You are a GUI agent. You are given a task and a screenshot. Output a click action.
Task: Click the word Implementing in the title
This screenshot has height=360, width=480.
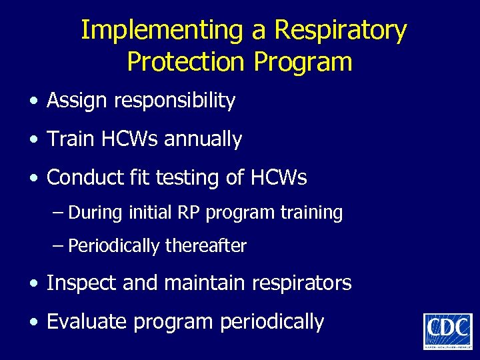click(x=163, y=31)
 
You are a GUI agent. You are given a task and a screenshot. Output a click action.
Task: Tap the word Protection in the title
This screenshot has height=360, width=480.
click(x=186, y=62)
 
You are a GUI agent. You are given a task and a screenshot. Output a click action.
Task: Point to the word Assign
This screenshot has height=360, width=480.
click(x=78, y=101)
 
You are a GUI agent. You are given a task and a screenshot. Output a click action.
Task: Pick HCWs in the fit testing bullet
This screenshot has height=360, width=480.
click(x=279, y=178)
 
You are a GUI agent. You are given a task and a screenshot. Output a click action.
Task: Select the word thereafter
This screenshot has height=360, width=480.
click(x=206, y=247)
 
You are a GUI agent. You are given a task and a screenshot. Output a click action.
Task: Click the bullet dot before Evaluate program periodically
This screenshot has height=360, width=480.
click(x=33, y=323)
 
